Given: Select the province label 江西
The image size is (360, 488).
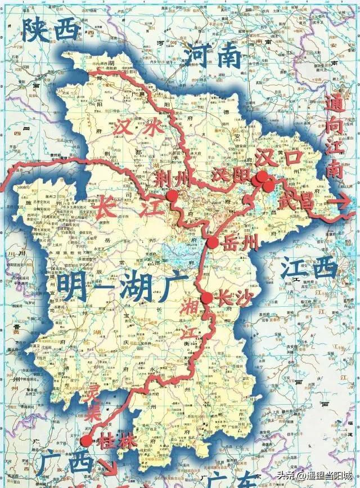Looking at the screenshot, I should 308,268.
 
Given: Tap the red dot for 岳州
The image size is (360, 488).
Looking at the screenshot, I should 213,243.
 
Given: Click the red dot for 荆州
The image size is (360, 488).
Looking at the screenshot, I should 172,195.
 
